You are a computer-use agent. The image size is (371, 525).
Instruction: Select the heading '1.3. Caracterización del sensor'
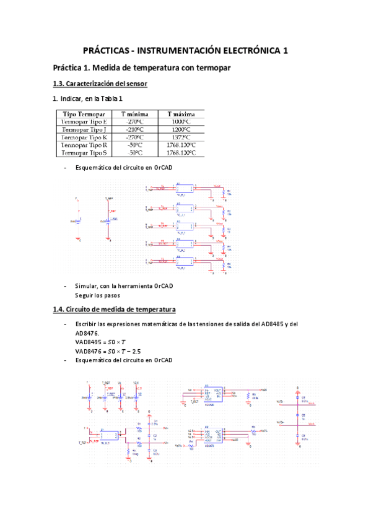(100, 84)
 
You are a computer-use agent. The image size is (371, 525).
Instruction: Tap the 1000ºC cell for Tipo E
(181, 122)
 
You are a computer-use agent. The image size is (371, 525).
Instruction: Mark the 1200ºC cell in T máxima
(181, 129)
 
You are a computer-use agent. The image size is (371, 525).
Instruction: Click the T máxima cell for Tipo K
(181, 137)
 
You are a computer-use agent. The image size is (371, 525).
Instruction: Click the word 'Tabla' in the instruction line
(111, 98)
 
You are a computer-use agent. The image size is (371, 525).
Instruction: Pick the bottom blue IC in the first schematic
(184, 261)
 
